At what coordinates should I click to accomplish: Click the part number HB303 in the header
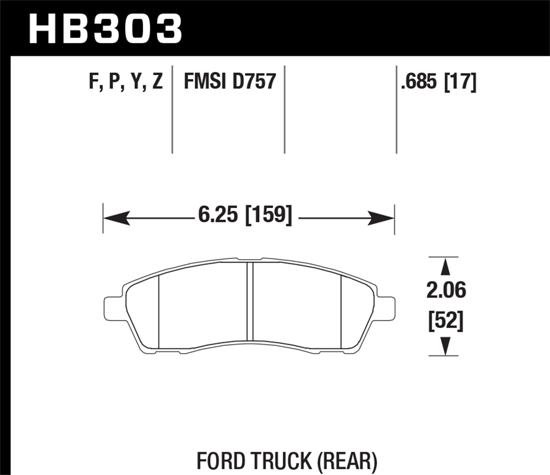pos(105,29)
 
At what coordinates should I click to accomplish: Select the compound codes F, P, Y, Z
pos(126,81)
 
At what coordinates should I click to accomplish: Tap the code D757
pos(254,81)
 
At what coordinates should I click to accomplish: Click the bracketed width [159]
pos(268,215)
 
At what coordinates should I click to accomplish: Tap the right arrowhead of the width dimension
pos(381,218)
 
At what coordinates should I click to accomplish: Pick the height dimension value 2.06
pos(446,290)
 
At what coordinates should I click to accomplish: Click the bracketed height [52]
pos(446,321)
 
